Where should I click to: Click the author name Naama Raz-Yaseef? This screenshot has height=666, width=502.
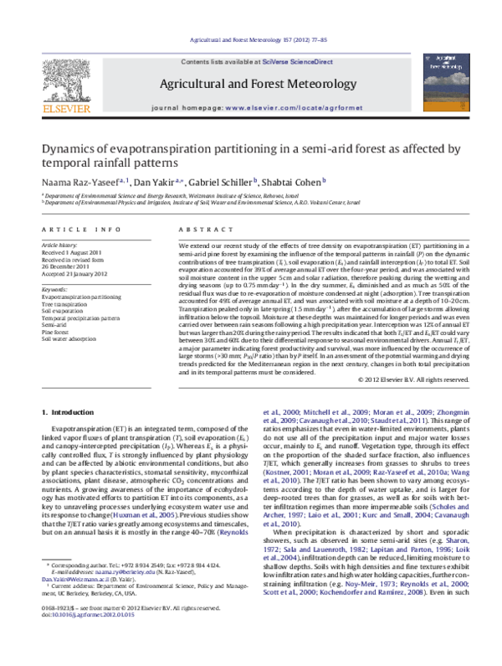(x=76, y=183)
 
